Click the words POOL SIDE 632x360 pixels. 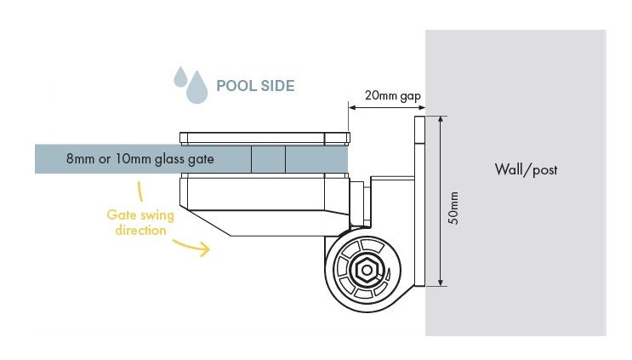click(x=255, y=86)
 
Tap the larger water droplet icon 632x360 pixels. click(x=197, y=88)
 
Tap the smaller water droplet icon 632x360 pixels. click(x=180, y=77)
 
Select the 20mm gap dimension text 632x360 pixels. click(x=389, y=94)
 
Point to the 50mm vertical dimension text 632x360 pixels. click(x=454, y=207)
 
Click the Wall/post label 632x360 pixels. click(x=526, y=169)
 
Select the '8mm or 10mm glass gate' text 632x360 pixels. click(x=139, y=159)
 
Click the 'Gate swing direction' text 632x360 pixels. click(x=136, y=223)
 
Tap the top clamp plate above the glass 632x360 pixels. click(x=264, y=137)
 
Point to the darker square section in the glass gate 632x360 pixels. click(x=268, y=159)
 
